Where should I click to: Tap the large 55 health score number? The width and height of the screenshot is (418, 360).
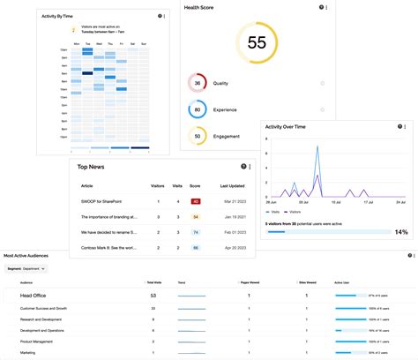pos(257,42)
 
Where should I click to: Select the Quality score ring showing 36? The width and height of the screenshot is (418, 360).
pos(198,84)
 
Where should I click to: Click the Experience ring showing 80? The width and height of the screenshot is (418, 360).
pos(198,110)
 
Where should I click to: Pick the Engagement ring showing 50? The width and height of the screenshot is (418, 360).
pos(198,137)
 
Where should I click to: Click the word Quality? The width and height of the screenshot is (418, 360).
pos(220,84)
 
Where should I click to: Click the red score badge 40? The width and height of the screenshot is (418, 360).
pos(196,202)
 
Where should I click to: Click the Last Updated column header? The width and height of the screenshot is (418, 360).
pos(233,186)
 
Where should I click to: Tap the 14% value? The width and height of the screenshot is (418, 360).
pos(400,232)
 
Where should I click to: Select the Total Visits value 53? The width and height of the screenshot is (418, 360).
pos(153,296)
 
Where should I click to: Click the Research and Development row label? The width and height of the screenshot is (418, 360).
pos(41,319)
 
